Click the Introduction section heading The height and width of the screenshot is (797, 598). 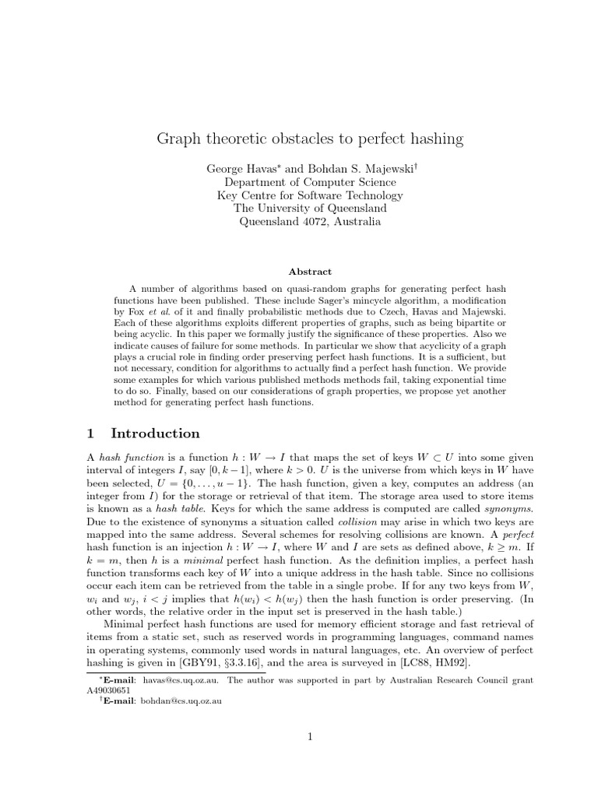(x=155, y=434)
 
